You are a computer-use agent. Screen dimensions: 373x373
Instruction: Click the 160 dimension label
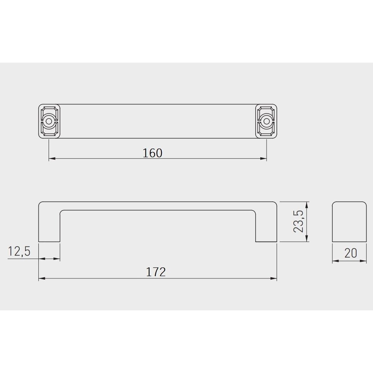coord(152,153)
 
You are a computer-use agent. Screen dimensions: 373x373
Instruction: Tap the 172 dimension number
coord(156,272)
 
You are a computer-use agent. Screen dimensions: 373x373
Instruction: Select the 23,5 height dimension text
coord(298,221)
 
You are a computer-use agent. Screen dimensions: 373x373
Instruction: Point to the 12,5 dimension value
coord(19,251)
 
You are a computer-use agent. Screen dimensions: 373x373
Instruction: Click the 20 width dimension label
coord(351,253)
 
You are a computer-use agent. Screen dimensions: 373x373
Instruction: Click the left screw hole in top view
coord(49,121)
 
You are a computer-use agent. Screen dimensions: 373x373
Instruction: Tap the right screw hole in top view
coord(266,121)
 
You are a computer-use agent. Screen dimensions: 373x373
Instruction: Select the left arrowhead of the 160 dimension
coord(52,158)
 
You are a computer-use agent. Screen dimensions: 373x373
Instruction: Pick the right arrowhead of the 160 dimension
coord(263,158)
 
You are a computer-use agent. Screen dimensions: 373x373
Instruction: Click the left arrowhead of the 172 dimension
coord(42,278)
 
